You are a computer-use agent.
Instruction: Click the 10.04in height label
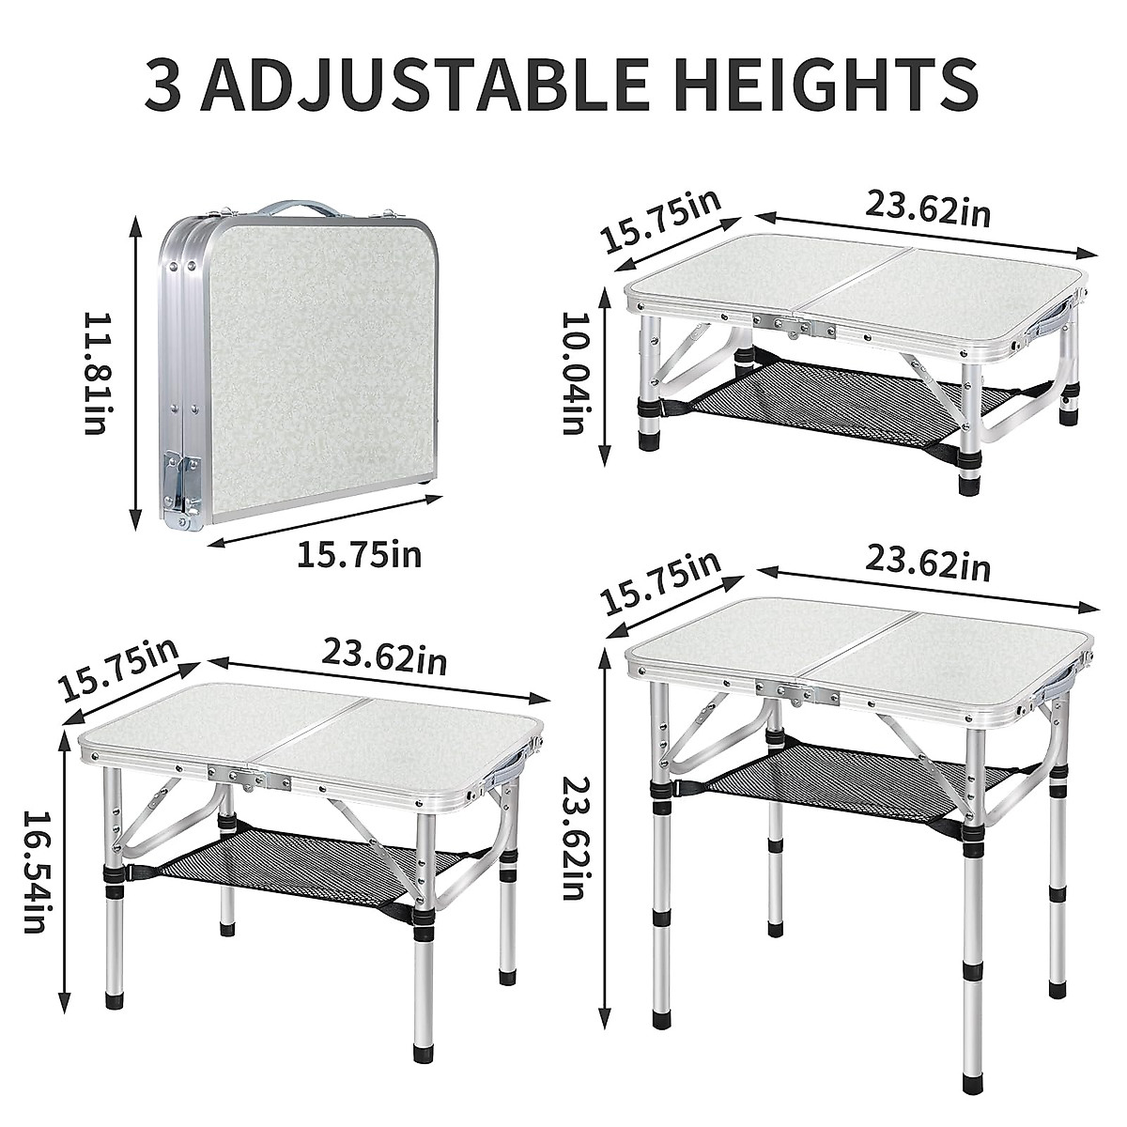tap(574, 372)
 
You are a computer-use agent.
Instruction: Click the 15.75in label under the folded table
tap(359, 555)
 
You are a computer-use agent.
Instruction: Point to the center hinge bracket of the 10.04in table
tap(797, 330)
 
